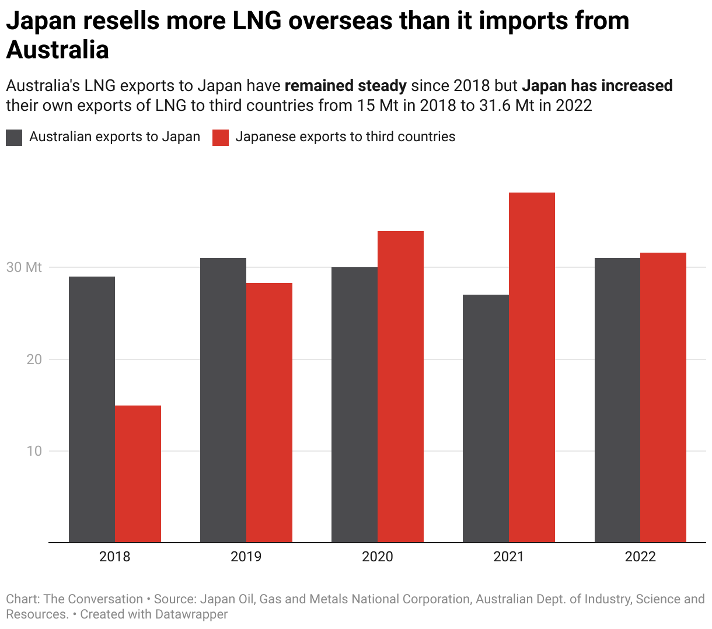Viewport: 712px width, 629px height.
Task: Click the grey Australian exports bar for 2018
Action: [92, 409]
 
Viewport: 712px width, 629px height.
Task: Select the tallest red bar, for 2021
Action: [532, 367]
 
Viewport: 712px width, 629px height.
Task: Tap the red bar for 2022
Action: [663, 397]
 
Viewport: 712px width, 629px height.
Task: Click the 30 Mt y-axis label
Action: [24, 267]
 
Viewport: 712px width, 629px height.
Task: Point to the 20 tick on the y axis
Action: [34, 359]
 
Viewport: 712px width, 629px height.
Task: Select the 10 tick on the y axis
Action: [34, 451]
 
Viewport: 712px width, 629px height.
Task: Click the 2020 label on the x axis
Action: [378, 557]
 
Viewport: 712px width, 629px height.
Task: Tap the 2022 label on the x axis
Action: [640, 557]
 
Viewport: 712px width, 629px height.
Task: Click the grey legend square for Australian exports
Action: [14, 138]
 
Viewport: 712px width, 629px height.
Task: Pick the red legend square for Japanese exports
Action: [220, 138]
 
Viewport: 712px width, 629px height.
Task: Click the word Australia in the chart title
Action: [58, 50]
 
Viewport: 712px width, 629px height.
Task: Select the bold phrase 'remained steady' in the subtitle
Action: [345, 86]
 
